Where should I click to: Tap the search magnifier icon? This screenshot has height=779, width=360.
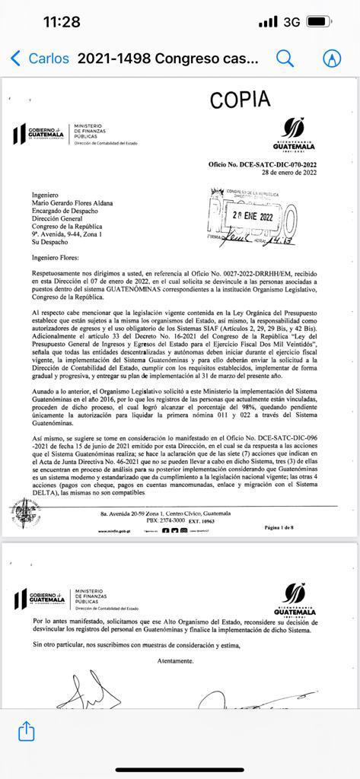[x=285, y=59]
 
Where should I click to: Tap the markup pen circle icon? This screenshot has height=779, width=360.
[x=331, y=59]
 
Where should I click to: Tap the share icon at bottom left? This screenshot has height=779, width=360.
[x=27, y=731]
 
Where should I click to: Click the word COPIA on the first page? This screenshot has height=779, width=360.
[x=240, y=100]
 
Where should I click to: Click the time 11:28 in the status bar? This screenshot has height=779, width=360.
[x=62, y=22]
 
